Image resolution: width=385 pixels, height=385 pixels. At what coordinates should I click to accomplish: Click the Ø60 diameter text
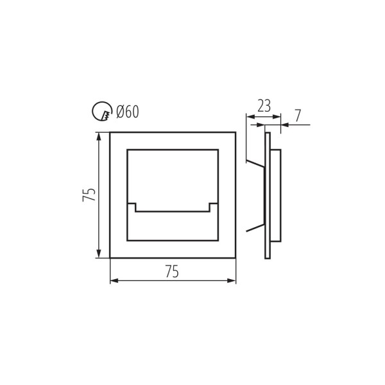click(128, 112)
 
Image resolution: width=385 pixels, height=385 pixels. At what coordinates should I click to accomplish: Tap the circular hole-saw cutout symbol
click(102, 112)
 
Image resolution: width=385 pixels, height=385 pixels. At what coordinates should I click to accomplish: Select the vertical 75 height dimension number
click(90, 194)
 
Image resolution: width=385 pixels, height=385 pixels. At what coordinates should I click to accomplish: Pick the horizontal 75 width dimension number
click(172, 272)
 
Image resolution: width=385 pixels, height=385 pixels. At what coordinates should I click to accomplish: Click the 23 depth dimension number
click(264, 106)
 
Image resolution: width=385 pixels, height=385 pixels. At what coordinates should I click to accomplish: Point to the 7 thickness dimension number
click(298, 116)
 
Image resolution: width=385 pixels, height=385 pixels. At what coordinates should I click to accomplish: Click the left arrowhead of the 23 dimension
click(250, 117)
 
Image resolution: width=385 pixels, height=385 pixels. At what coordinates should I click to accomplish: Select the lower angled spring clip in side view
click(255, 227)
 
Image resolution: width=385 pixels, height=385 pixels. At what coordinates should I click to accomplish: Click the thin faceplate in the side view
click(268, 195)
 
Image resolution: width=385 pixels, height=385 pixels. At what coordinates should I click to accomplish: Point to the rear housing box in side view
click(275, 195)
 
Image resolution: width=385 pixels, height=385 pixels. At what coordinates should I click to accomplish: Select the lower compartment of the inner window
click(172, 226)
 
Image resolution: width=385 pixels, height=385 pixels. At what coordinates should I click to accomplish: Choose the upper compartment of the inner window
click(172, 177)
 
